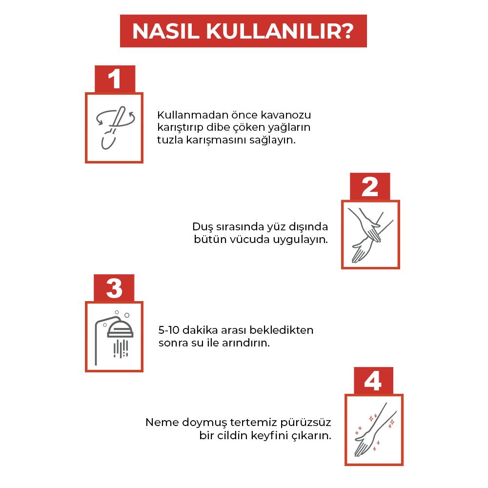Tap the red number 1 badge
114,79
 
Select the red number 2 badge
370,186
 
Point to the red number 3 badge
114,288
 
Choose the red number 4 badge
373,381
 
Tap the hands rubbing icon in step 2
370,234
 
